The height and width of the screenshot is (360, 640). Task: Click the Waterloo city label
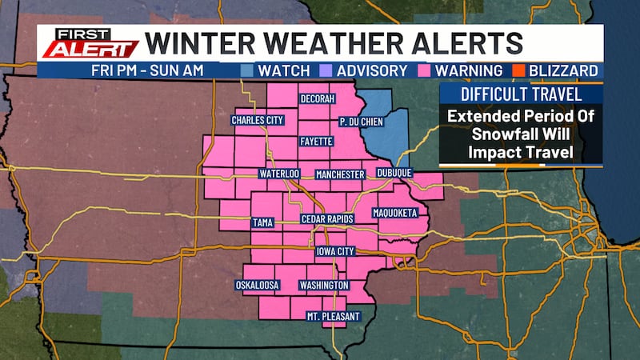278,174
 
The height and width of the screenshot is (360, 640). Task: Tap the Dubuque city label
392,174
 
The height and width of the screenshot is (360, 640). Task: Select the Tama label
262,222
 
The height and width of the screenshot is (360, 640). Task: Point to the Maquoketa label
395,214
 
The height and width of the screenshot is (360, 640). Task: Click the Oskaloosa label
258,285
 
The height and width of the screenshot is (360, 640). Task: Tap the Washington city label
323,285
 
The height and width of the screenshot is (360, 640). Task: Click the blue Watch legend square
248,70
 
